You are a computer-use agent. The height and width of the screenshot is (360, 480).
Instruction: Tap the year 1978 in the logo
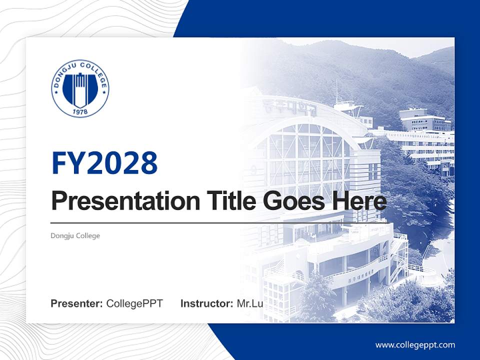pyautogui.click(x=80, y=112)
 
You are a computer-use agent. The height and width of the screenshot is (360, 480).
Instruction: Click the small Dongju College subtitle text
pyautogui.click(x=75, y=235)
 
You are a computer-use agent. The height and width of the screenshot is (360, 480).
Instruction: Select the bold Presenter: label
pyautogui.click(x=77, y=303)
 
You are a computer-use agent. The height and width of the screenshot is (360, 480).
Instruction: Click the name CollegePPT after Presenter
pyautogui.click(x=134, y=303)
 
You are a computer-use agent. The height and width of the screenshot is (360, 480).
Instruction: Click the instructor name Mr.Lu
pyautogui.click(x=250, y=303)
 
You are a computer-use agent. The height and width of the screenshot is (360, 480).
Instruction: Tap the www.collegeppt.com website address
pyautogui.click(x=415, y=344)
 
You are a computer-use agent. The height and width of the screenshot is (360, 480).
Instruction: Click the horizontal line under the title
pyautogui.click(x=200, y=222)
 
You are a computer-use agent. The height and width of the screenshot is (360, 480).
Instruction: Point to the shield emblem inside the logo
pyautogui.click(x=80, y=87)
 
